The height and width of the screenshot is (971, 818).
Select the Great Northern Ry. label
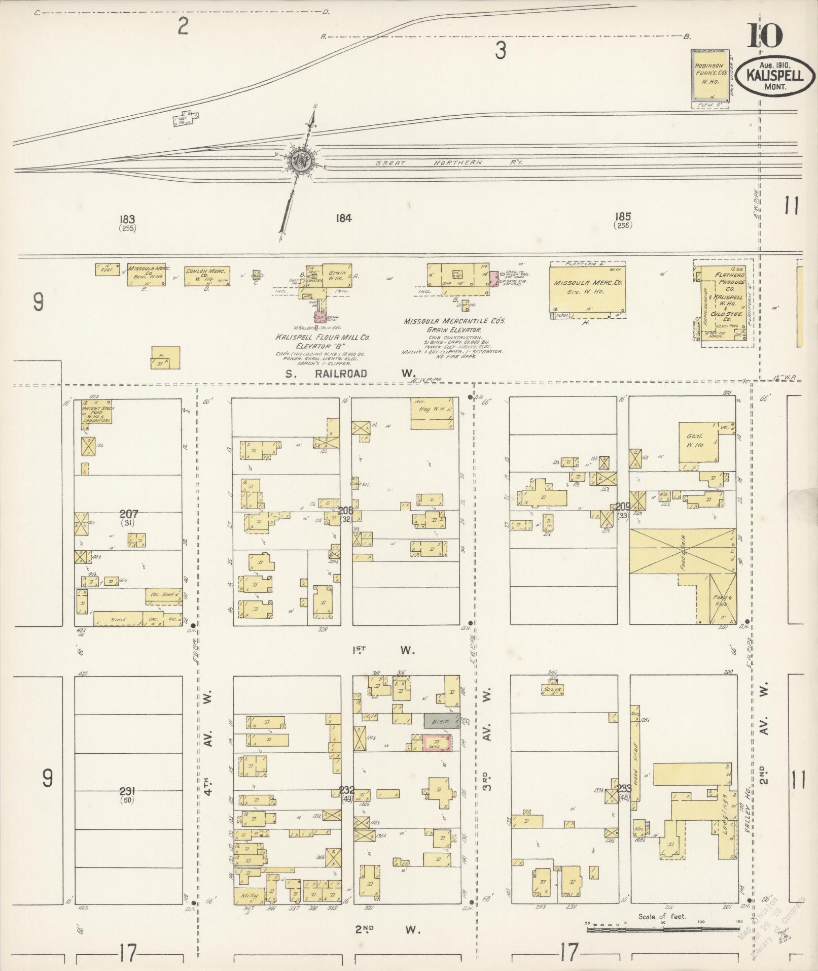pos(448,162)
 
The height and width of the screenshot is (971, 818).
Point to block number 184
pos(343,218)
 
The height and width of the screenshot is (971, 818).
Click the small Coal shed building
pos(107,270)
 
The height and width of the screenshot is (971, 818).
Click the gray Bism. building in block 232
pos(441,721)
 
